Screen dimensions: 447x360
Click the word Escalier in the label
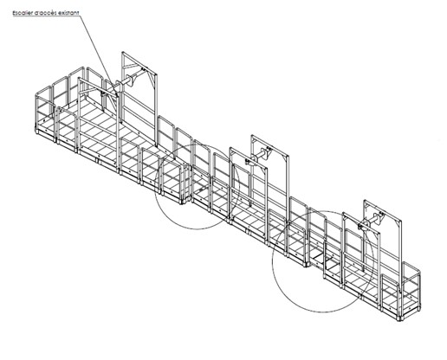(22, 13)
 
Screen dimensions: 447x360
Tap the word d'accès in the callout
(42, 13)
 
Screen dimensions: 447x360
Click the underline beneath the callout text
(46, 16)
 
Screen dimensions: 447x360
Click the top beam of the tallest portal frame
(139, 62)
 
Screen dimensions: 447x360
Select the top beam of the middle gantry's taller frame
(269, 145)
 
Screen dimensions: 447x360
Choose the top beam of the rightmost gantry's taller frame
(382, 210)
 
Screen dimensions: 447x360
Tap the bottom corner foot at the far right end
(400, 318)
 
